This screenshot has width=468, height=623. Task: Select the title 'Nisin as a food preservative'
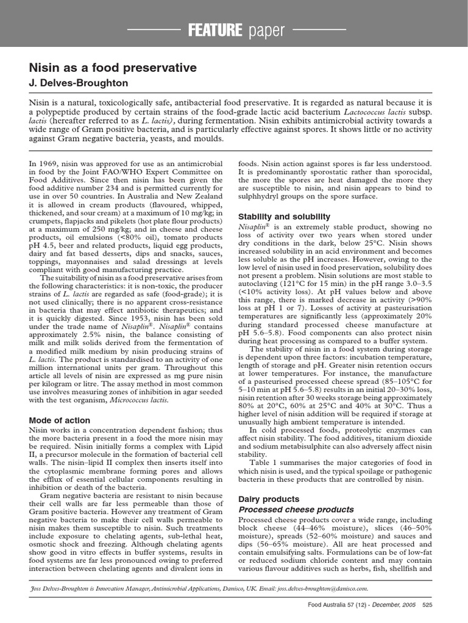[113, 68]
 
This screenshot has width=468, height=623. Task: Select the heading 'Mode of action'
[60, 420]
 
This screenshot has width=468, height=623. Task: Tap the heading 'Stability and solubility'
[284, 217]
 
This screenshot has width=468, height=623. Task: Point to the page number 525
[427, 605]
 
